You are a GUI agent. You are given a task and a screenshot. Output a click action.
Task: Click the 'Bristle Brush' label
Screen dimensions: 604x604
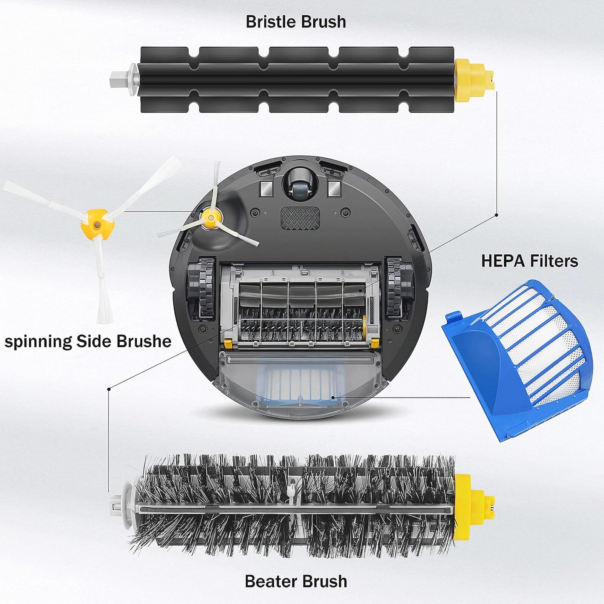[x=296, y=22]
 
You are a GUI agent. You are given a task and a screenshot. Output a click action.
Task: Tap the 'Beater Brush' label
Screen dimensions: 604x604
[x=296, y=581]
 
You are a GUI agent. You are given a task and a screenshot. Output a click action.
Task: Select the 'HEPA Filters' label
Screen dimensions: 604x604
[x=529, y=261]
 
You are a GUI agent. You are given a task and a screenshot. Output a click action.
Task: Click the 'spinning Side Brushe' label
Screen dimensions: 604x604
[x=88, y=341]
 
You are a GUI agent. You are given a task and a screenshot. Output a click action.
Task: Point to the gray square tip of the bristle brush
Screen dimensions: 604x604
[x=119, y=80]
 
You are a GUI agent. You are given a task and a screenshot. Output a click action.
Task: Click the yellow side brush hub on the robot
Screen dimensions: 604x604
[x=210, y=217]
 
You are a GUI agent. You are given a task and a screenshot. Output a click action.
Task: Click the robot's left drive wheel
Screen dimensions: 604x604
[x=201, y=287]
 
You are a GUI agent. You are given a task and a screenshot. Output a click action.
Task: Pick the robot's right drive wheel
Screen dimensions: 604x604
[x=399, y=287]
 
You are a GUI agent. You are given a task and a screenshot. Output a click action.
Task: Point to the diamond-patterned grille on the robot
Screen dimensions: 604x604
[x=300, y=218]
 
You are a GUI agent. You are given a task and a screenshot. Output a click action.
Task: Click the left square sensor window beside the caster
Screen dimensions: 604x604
[x=267, y=189]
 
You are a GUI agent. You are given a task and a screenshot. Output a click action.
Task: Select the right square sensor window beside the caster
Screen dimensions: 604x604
[x=334, y=188]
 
